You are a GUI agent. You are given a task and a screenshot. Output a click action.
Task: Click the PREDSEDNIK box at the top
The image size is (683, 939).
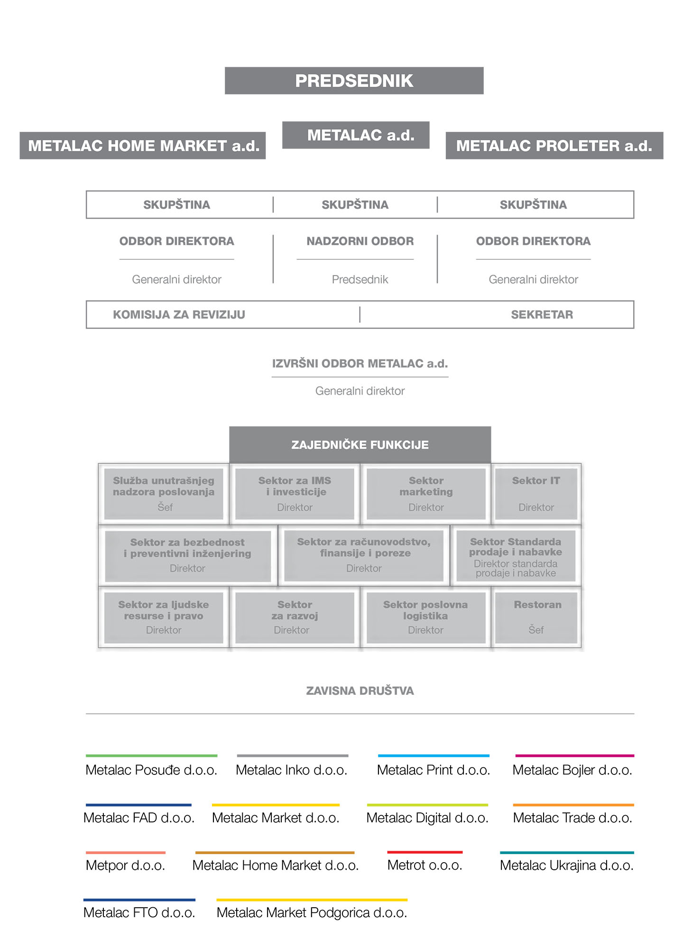[x=354, y=81]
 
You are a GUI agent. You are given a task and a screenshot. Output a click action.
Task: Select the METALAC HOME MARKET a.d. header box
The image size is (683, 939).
[x=142, y=146]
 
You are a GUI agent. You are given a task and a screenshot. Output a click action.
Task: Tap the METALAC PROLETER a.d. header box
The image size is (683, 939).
[x=554, y=146]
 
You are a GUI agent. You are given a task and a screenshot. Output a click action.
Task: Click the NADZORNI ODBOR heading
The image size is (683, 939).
[x=360, y=241]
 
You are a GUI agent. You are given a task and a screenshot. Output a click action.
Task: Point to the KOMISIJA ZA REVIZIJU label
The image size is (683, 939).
[x=179, y=315]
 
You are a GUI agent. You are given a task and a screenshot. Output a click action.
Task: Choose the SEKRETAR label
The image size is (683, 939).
[x=542, y=315]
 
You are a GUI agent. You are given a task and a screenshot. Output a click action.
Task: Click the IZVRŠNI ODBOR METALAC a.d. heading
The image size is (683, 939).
[x=360, y=364]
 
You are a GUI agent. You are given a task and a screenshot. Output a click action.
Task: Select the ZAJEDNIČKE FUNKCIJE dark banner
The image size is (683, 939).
[x=360, y=445]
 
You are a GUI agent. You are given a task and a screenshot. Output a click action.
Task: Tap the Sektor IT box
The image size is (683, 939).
[x=536, y=494]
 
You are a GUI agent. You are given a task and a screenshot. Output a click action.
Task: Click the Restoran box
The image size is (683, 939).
[x=536, y=617]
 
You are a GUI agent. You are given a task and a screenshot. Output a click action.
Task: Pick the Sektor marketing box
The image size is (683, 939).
[x=426, y=494]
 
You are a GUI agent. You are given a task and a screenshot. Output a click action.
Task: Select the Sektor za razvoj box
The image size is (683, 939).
[x=295, y=617]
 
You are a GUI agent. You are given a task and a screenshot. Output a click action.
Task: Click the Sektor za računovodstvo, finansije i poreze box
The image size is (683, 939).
[x=364, y=555]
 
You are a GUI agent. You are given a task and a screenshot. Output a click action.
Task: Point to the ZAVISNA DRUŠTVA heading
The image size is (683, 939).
[x=360, y=691]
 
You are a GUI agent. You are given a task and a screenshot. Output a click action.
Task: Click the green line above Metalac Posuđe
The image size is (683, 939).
[x=152, y=755]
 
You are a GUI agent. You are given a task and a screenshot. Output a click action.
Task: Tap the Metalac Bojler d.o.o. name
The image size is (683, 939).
[x=572, y=770]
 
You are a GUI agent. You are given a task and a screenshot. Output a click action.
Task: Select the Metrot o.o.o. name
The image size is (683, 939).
[x=425, y=865]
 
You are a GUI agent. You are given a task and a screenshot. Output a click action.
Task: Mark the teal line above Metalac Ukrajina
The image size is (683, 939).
[x=567, y=852]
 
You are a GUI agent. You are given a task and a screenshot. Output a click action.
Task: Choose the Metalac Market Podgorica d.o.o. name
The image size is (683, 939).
[x=312, y=913]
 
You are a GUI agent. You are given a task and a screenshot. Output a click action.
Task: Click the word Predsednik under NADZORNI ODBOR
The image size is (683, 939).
[x=360, y=280]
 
